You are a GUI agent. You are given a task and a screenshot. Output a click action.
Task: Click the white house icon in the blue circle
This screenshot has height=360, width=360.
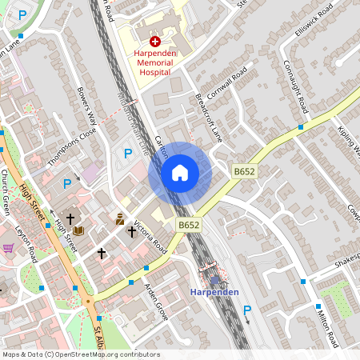click(x=180, y=172)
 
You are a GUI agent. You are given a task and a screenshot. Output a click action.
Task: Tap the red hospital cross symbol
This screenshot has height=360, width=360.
click(x=155, y=39)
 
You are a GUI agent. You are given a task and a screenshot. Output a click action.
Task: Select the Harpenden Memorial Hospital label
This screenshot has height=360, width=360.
click(x=155, y=62)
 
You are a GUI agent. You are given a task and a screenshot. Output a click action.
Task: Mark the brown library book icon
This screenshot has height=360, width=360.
click(x=78, y=230)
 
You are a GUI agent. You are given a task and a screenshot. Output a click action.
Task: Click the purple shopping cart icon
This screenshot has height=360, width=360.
click(x=8, y=249)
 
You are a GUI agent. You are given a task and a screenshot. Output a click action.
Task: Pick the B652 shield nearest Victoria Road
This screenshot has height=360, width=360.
click(x=189, y=226)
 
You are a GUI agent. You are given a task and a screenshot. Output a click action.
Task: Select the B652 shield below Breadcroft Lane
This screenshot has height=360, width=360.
click(x=244, y=172)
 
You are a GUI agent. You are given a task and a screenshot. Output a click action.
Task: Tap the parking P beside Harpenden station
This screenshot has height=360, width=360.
click(x=247, y=310)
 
